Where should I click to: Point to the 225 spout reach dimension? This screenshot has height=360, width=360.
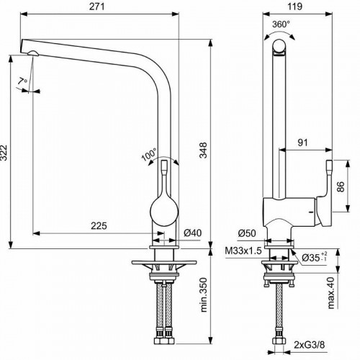click(99, 225)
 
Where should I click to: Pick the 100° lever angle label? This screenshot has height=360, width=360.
click(149, 154)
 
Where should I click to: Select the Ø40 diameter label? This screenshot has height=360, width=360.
click(192, 233)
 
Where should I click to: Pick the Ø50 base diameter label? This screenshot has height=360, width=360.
click(247, 233)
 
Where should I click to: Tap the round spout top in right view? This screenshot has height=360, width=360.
click(279, 48)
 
